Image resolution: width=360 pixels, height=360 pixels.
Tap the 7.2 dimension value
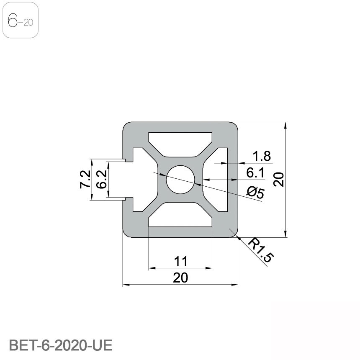(x=85, y=180)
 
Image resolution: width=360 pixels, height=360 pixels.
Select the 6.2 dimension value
(x=101, y=180)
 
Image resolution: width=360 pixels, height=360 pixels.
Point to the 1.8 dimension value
(x=261, y=157)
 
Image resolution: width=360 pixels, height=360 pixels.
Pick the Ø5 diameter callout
(x=255, y=193)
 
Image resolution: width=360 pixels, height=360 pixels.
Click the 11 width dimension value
(x=180, y=262)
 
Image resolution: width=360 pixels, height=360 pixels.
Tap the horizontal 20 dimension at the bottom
(x=180, y=278)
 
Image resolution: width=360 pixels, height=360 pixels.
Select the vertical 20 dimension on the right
(x=280, y=180)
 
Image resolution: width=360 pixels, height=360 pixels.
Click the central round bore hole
(x=180, y=180)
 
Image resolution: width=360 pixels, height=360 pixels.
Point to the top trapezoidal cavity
(x=180, y=140)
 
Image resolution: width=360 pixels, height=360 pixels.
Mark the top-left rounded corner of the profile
(x=126, y=125)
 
